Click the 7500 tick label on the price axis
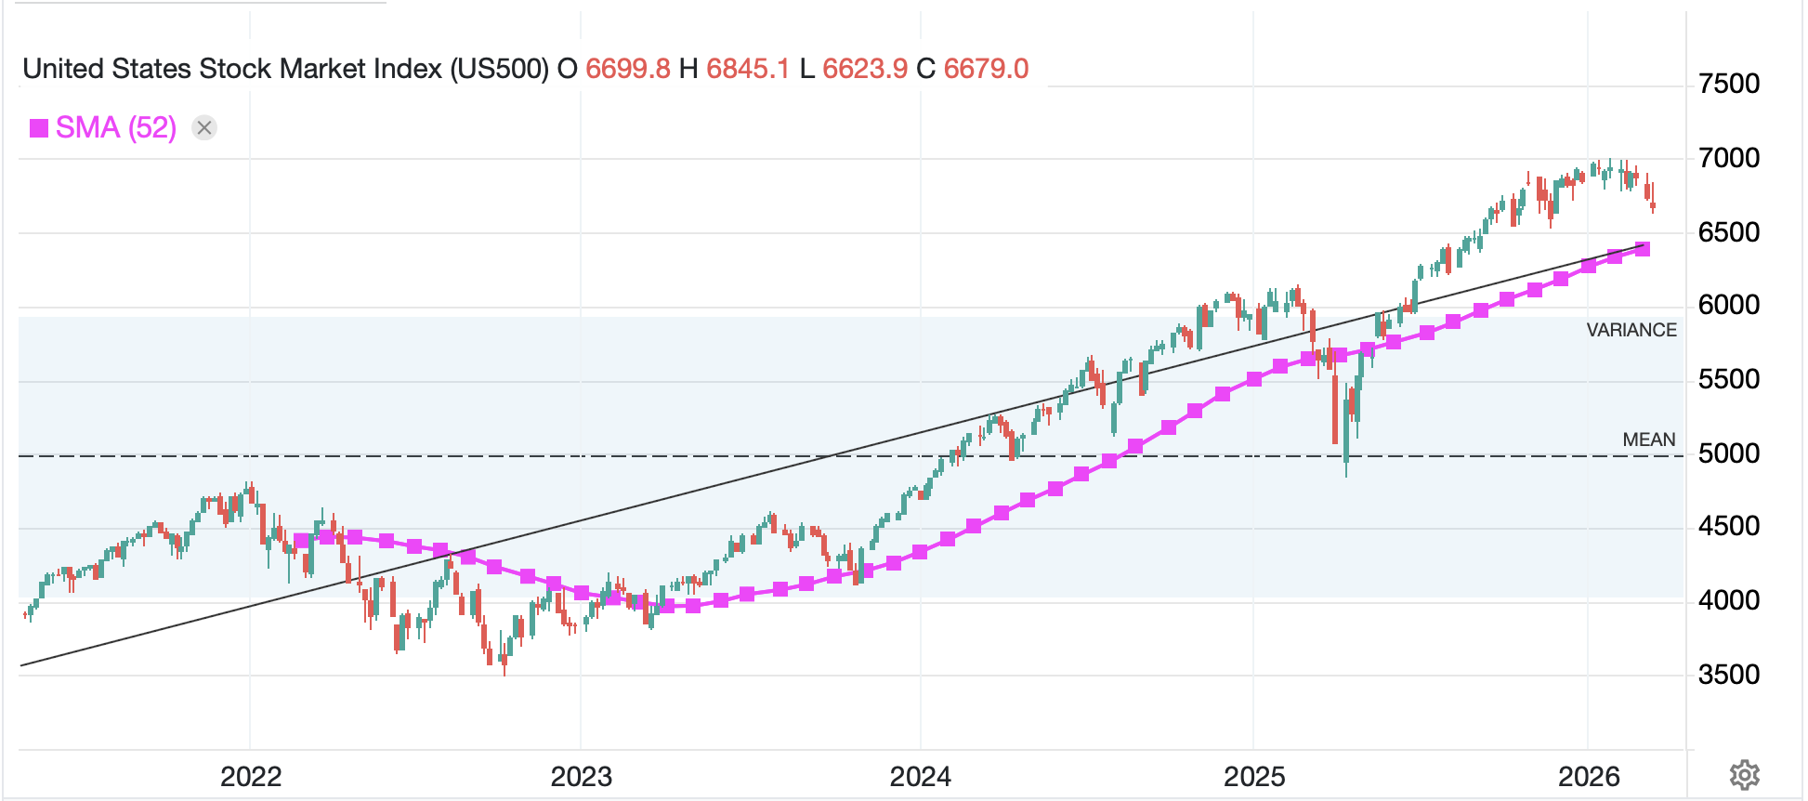pos(1728,85)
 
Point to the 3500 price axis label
pos(1728,675)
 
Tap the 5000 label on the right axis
pos(1728,453)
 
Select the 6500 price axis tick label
pos(1728,232)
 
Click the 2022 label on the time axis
pos(251,777)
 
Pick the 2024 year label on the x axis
pos(920,777)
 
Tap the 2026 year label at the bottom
pos(1589,777)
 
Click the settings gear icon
pos(1744,774)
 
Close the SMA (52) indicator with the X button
pos(204,127)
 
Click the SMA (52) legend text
pos(116,127)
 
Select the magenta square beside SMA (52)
pos(39,128)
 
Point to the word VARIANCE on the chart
pos(1631,330)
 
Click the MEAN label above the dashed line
pos(1648,440)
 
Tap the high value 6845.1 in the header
pos(748,69)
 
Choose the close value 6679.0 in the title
pos(986,69)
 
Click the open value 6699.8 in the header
pos(627,69)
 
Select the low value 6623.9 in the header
pos(865,69)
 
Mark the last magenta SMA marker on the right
pos(1643,249)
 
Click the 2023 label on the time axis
pos(582,777)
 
